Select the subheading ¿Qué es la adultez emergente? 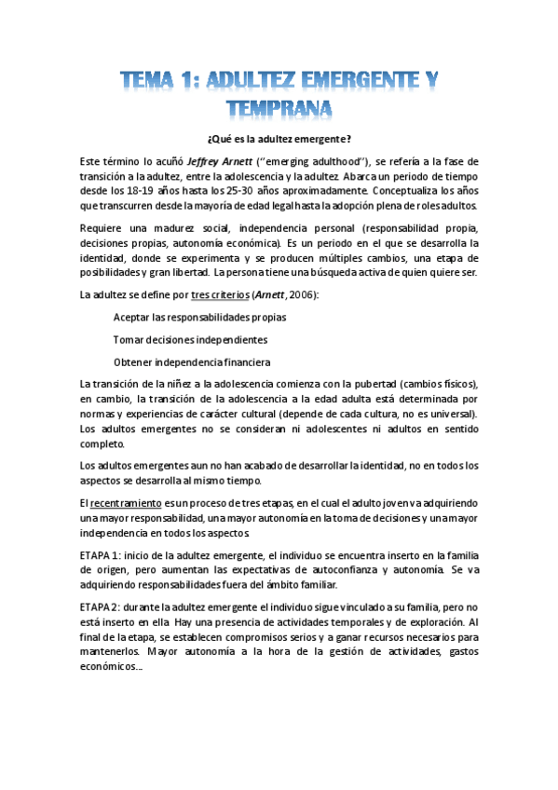point(279,140)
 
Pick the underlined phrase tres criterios point(223,295)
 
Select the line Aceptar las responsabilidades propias point(199,318)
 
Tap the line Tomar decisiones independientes point(190,340)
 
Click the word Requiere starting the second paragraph point(104,229)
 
